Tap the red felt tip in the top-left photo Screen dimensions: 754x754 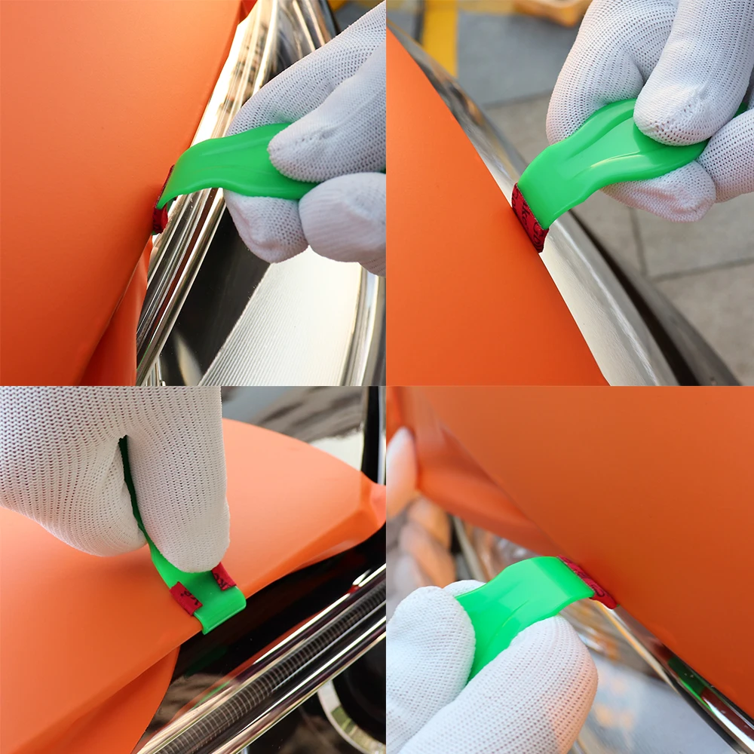[159, 215]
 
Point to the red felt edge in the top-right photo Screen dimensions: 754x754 [529, 218]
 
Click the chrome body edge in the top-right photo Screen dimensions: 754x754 [603, 317]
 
